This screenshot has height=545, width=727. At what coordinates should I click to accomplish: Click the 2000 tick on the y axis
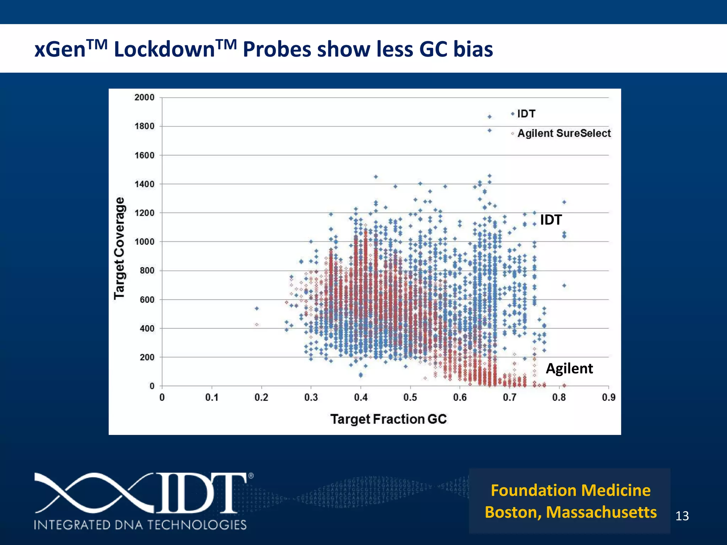tap(144, 97)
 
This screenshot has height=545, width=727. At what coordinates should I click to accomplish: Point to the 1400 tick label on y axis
tap(144, 184)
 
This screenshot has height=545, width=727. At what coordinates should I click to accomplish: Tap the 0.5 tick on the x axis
tap(410, 397)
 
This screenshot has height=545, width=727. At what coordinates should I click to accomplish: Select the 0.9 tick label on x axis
tap(608, 397)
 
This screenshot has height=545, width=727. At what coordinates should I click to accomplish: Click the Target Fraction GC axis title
tap(388, 419)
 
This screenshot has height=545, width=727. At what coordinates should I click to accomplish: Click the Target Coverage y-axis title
tap(120, 248)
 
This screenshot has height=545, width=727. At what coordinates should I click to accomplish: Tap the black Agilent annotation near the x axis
tap(569, 368)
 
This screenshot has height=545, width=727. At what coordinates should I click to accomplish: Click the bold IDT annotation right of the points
tap(551, 220)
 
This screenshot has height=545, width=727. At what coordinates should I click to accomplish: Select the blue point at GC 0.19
tap(257, 308)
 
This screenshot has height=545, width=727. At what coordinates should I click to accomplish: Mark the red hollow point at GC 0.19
tap(257, 325)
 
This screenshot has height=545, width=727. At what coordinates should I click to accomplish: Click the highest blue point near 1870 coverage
tap(490, 117)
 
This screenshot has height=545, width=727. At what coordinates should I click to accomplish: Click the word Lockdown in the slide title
tap(164, 49)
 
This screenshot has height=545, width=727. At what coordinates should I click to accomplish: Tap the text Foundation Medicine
tap(570, 490)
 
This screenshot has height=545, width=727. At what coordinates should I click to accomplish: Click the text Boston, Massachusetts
tap(570, 512)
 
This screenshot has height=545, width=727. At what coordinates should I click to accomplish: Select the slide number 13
tap(682, 516)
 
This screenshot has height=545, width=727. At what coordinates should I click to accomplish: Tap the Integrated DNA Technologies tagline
tap(140, 525)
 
